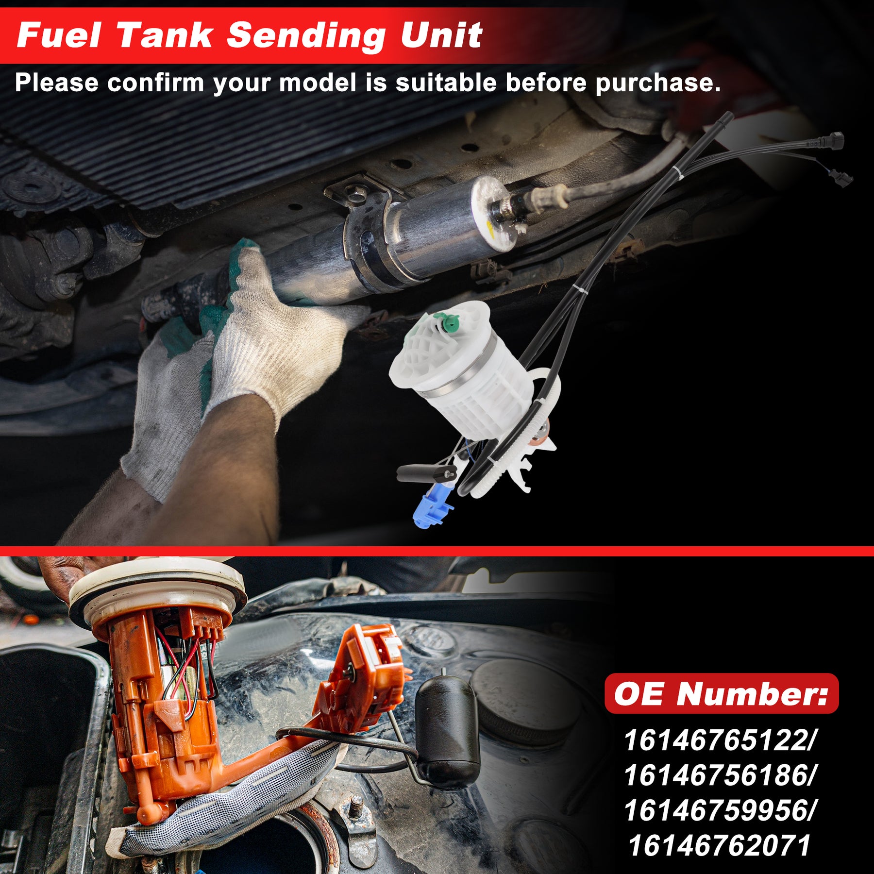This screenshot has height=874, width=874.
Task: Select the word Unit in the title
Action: [x=441, y=35]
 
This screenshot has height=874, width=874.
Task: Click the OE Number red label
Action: [x=722, y=693]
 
